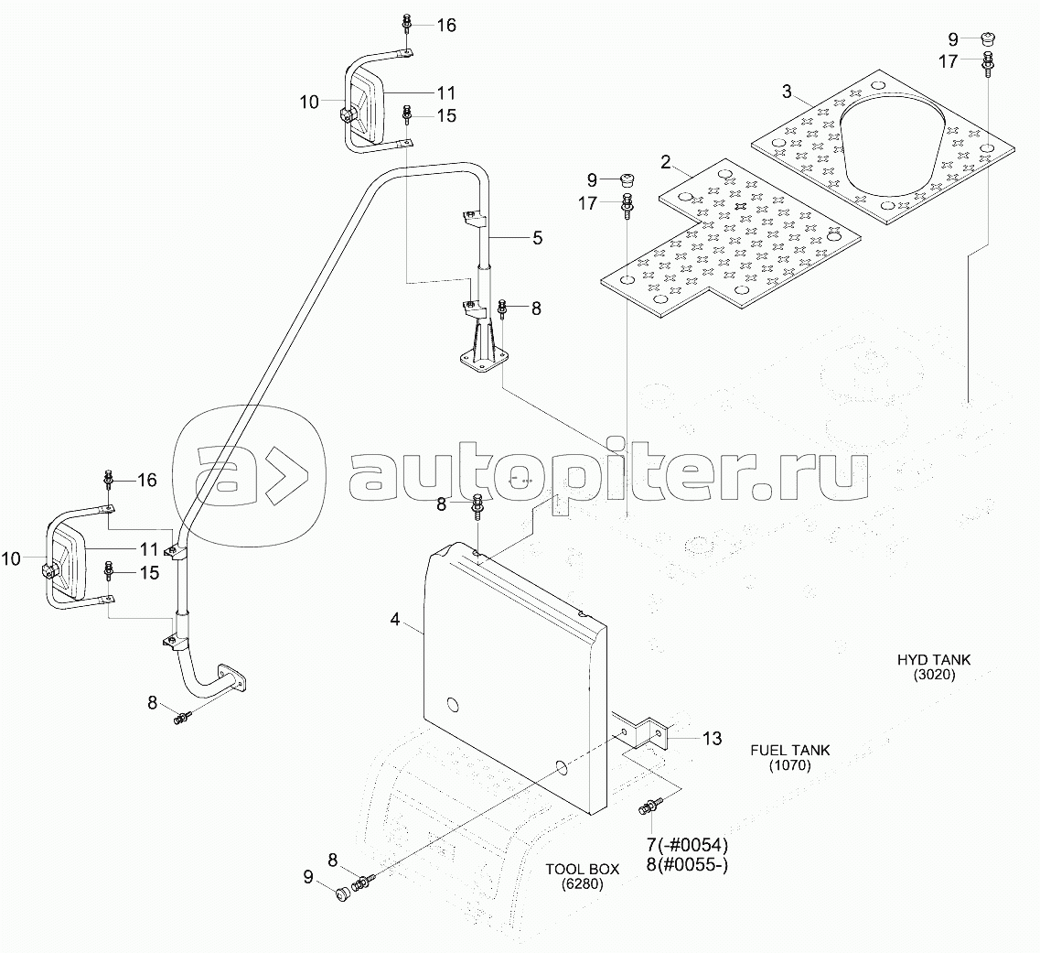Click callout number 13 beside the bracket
tap(712, 738)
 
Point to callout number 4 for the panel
tap(395, 619)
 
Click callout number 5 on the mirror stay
tap(537, 237)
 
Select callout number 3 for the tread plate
tap(787, 92)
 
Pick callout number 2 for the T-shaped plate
tap(666, 162)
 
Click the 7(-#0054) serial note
tap(687, 846)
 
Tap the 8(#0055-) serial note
tap(687, 865)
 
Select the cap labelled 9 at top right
tap(988, 39)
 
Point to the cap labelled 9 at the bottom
tap(344, 893)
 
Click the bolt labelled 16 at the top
tap(407, 25)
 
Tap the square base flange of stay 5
tap(484, 358)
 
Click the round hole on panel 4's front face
tap(453, 704)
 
